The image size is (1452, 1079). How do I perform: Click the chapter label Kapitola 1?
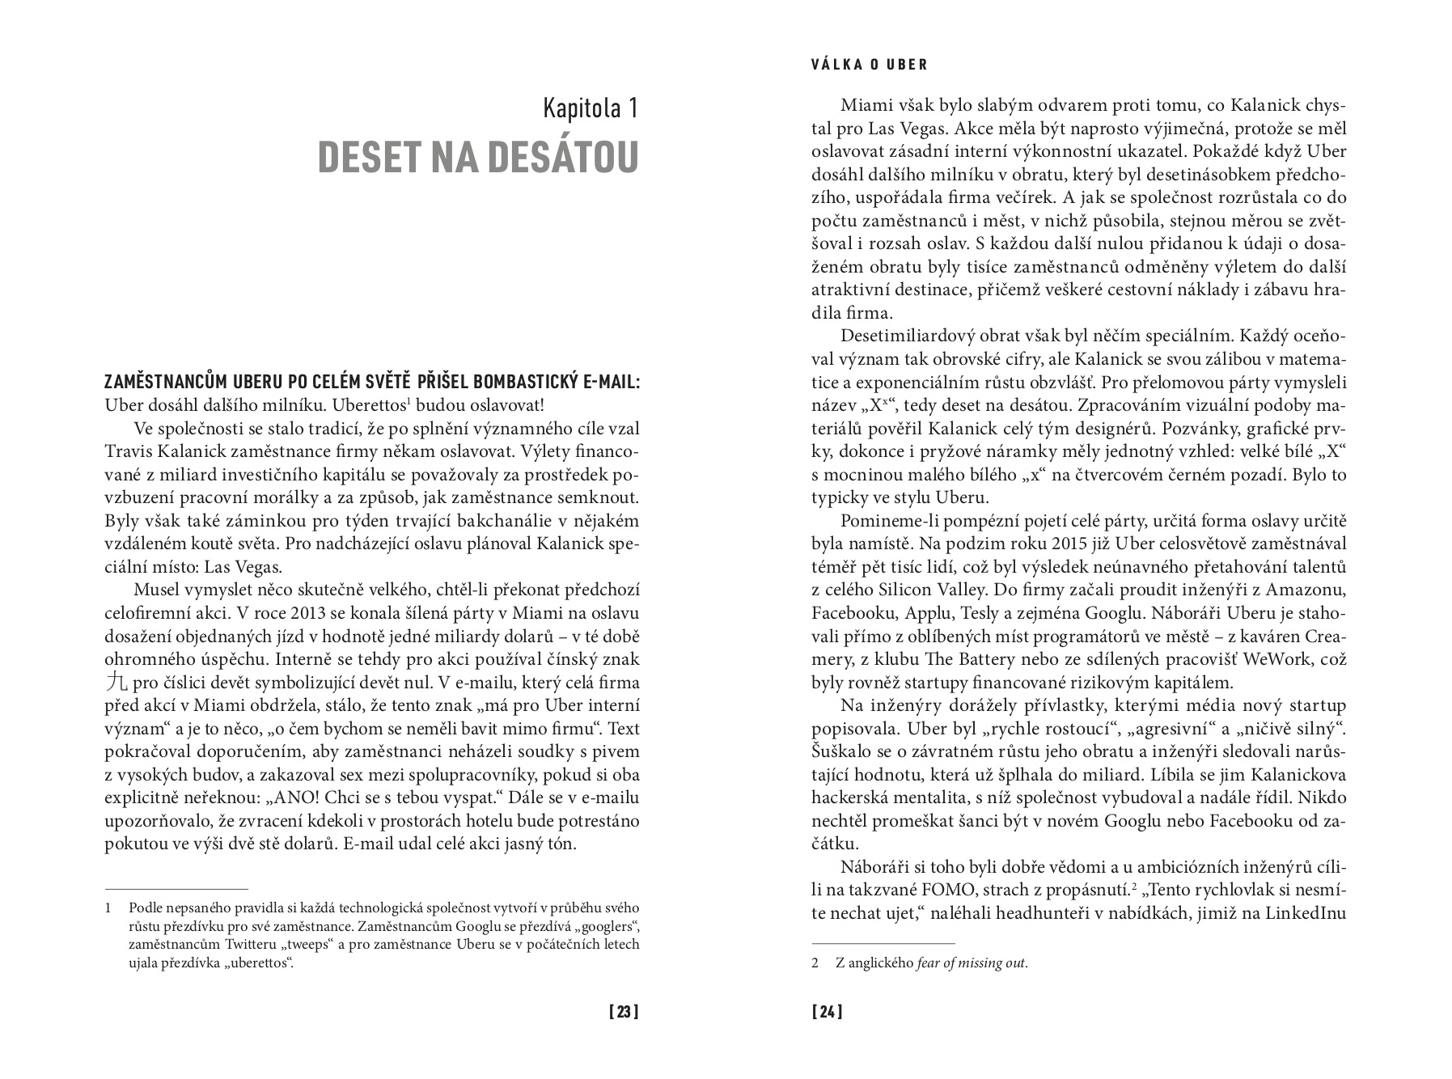click(591, 108)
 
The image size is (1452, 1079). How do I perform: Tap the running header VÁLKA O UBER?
click(870, 65)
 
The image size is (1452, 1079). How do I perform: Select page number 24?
click(828, 1011)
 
